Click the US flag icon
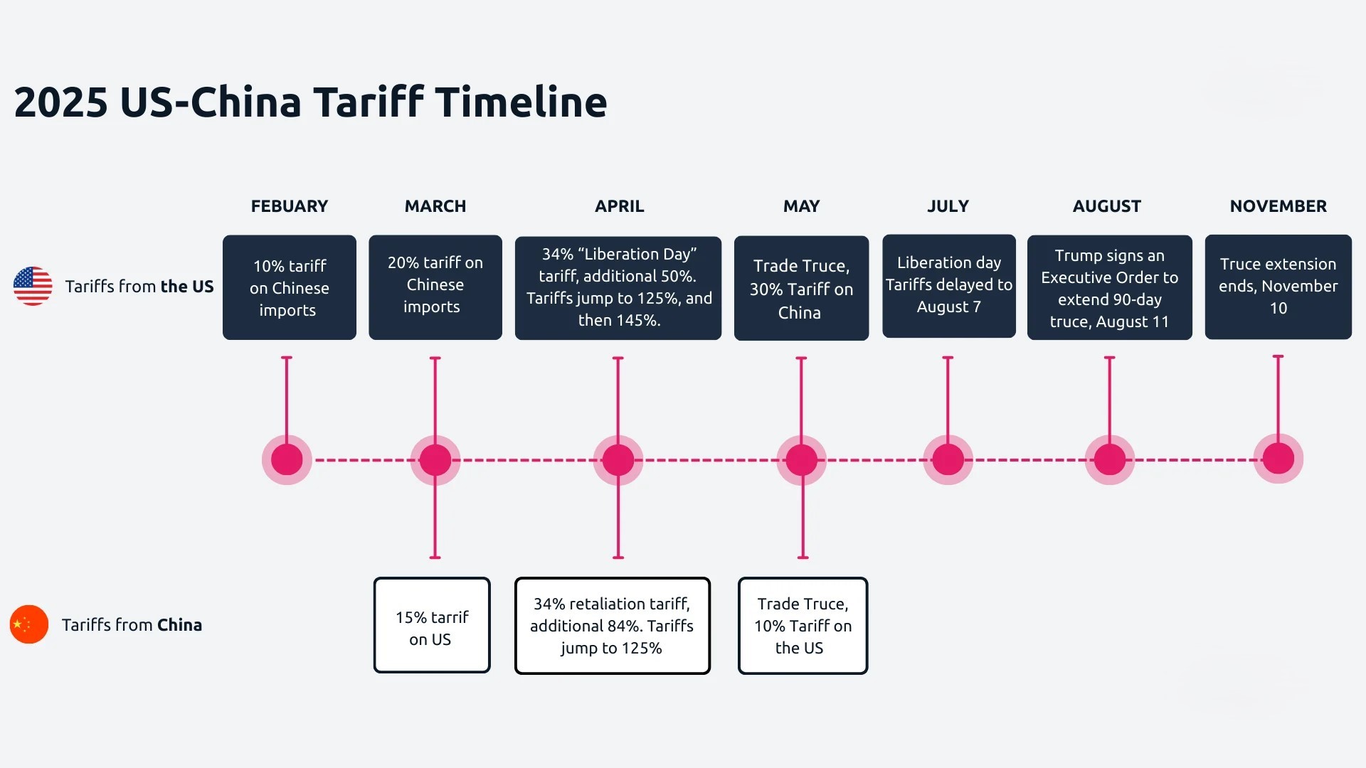point(33,287)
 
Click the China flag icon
point(28,624)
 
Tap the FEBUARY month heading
point(289,206)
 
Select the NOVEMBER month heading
point(1278,206)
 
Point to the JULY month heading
point(948,206)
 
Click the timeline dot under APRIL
point(618,460)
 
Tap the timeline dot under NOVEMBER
point(1278,459)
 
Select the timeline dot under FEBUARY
point(287,460)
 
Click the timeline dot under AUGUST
point(1109,460)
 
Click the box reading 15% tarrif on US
point(432,626)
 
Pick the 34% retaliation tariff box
point(612,626)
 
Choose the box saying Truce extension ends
point(1278,287)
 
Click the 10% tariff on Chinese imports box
point(289,287)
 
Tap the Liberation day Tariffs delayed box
point(948,286)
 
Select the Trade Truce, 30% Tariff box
point(801,288)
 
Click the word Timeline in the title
point(521,102)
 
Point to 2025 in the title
point(61,102)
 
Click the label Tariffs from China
point(132,625)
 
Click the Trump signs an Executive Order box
point(1109,288)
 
